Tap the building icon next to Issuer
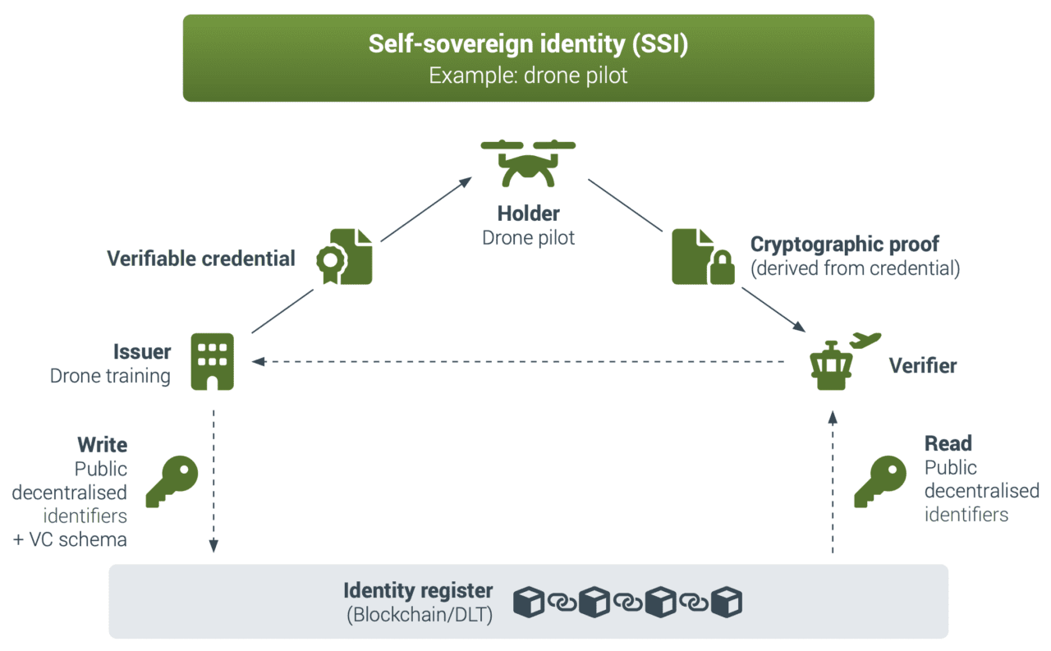click(212, 361)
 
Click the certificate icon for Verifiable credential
click(344, 256)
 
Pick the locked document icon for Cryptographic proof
click(702, 257)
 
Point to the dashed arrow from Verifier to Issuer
click(517, 361)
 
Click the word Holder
click(528, 214)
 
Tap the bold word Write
click(103, 445)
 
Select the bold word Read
click(948, 444)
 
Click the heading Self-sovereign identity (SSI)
click(528, 44)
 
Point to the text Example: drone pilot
click(528, 76)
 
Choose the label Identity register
click(418, 590)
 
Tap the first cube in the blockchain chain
click(530, 603)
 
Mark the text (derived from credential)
click(855, 268)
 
